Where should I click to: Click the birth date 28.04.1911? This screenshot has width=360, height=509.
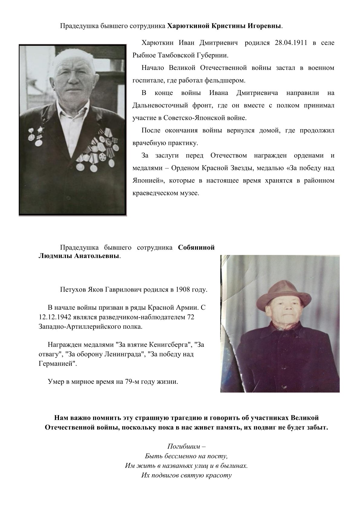tap(291, 43)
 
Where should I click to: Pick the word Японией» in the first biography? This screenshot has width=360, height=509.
tap(148, 181)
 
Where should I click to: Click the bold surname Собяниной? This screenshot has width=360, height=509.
tap(196, 248)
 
